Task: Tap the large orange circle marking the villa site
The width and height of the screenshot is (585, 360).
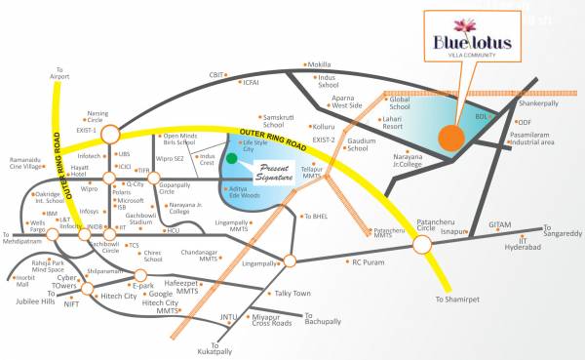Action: click(x=450, y=139)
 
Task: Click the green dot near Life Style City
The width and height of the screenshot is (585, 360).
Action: click(x=231, y=156)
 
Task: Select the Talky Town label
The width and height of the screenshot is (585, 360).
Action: click(x=292, y=294)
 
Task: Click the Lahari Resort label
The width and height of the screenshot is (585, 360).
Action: click(x=393, y=121)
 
